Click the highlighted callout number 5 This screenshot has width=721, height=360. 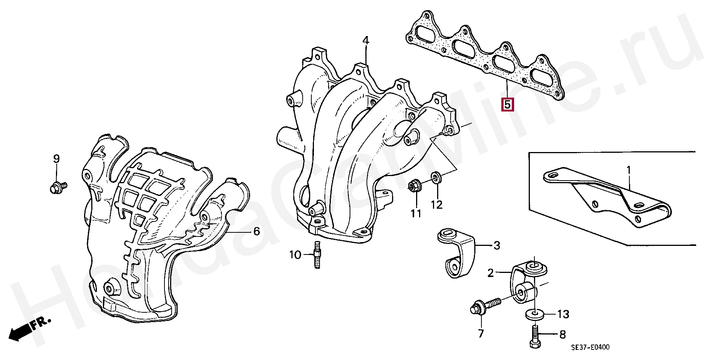pos(507,104)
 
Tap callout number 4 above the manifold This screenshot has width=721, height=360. pos(366,41)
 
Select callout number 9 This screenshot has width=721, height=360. pos(56,159)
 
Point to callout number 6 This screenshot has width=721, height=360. pos(256,231)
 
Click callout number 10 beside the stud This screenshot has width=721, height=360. pos(295,255)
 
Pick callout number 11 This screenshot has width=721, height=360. pos(416,214)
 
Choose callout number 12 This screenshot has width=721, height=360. pos(437,205)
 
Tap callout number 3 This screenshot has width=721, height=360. pos(497,246)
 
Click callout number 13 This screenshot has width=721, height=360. pos(563,314)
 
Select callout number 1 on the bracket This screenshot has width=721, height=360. pos(629,171)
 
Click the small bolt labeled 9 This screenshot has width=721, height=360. pos(57,187)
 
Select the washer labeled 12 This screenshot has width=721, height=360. pos(436,177)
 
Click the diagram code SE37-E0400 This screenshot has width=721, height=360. pos(590,348)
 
